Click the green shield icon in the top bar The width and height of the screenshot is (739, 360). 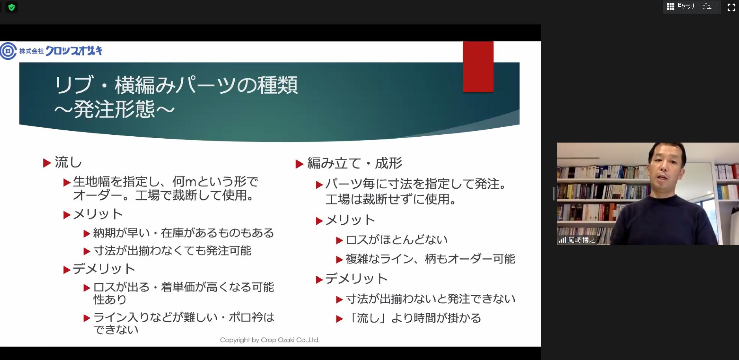pos(11,7)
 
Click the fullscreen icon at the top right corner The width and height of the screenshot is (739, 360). pos(731,7)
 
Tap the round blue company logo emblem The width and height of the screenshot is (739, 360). pos(8,51)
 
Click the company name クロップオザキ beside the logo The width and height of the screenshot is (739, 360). pos(74,51)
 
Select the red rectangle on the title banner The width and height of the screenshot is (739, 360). pos(478,67)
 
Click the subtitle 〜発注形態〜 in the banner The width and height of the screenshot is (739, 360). pos(114,109)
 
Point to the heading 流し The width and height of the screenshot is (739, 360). pos(68,162)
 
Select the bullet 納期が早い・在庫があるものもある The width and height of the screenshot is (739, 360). pos(183,233)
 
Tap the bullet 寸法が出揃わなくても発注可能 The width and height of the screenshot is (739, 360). pos(172,251)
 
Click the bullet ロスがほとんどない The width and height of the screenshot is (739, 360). pos(396,239)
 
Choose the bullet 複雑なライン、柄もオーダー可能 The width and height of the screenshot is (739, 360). pos(430,259)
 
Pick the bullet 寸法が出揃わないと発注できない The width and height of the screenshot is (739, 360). pos(431,299)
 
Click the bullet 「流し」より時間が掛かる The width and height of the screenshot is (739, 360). pos(413,318)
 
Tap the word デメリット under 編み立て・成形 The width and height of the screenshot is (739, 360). pos(356,279)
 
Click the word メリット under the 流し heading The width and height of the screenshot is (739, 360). pos(98,214)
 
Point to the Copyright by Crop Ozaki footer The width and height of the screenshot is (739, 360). pos(270,340)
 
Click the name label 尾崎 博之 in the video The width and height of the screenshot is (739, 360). pos(581,240)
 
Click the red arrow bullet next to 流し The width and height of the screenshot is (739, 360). pos(47,163)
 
